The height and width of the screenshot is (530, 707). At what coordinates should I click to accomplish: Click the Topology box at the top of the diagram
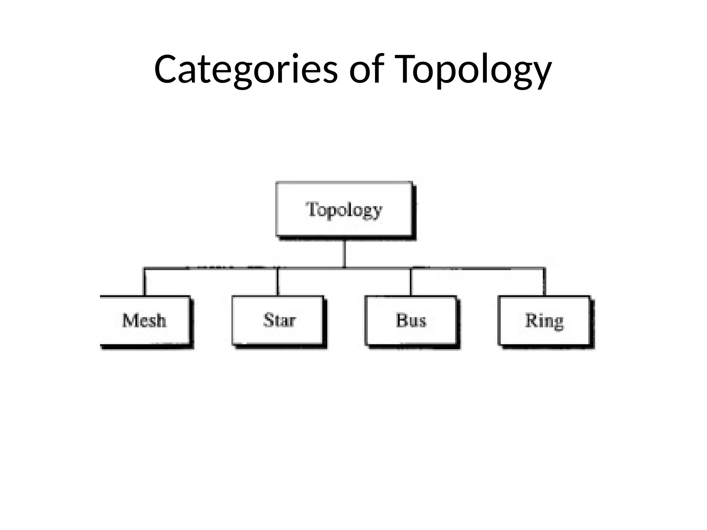pyautogui.click(x=344, y=209)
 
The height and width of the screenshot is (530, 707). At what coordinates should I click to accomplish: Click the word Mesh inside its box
pyautogui.click(x=144, y=320)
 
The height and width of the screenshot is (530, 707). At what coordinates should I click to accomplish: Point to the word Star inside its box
pyautogui.click(x=280, y=320)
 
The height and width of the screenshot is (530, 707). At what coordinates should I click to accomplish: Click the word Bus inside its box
pyautogui.click(x=411, y=320)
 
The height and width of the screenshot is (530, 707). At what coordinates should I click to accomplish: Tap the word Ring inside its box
pyautogui.click(x=544, y=321)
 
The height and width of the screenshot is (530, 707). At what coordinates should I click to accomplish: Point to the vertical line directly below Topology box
pyautogui.click(x=344, y=253)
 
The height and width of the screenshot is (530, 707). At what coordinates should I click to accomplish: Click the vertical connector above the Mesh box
pyautogui.click(x=145, y=282)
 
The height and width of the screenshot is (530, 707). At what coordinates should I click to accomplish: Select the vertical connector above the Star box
pyautogui.click(x=278, y=282)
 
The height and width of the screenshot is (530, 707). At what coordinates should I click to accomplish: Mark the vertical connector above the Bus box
pyautogui.click(x=411, y=282)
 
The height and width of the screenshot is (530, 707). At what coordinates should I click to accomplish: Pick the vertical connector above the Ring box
pyautogui.click(x=544, y=282)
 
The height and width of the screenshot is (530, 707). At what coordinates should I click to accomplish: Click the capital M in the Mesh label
pyautogui.click(x=129, y=320)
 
